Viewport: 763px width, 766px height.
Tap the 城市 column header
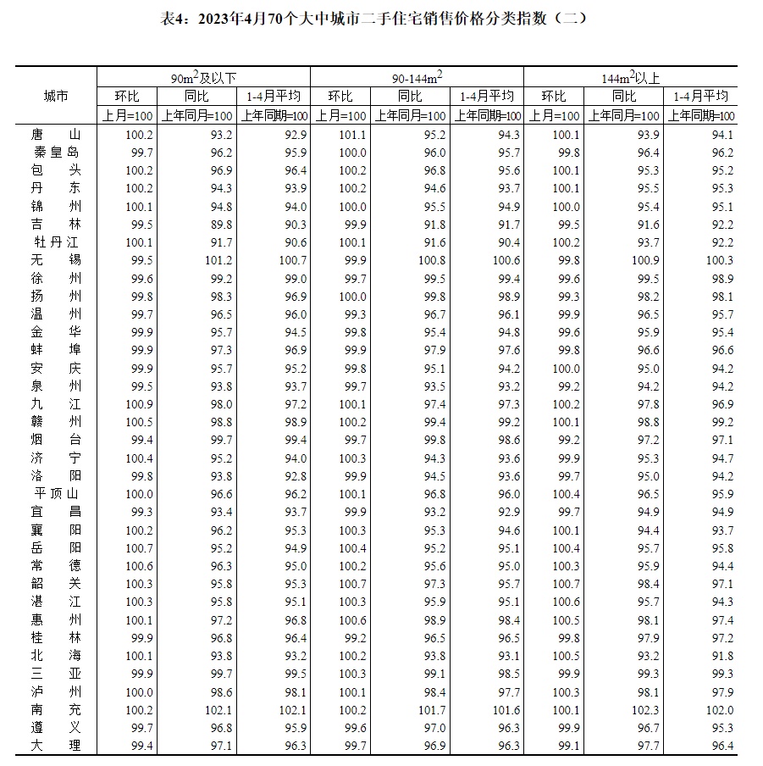click(55, 97)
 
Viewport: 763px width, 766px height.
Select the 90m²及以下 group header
click(203, 78)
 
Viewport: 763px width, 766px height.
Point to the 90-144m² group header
click(417, 78)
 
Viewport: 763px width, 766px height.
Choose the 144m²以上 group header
click(630, 78)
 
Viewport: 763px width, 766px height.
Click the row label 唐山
click(55, 135)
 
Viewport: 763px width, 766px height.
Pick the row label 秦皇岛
click(55, 153)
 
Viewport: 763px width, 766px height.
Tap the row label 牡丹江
click(55, 242)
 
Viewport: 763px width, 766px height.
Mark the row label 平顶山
click(55, 494)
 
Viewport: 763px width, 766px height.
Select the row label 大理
click(55, 746)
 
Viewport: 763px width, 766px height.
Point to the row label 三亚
click(55, 674)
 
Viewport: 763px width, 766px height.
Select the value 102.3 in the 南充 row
click(646, 710)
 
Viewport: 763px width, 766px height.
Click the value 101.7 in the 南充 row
click(433, 710)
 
